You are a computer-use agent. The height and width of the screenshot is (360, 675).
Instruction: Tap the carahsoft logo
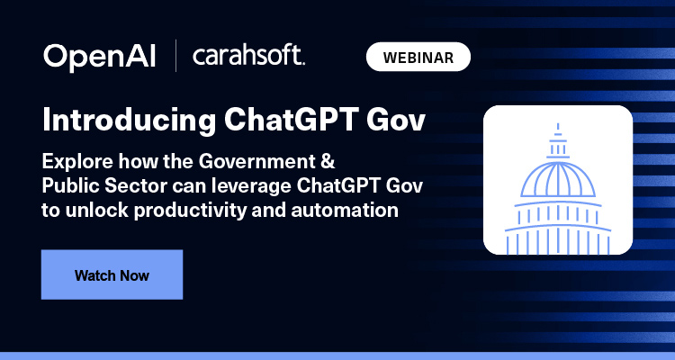249,57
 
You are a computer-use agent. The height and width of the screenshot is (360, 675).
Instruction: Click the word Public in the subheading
67,187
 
